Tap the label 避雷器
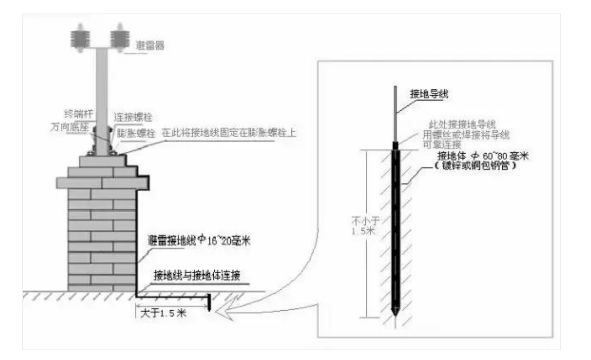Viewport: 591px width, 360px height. pos(150,45)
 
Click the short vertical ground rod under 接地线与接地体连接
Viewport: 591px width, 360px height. pos(208,302)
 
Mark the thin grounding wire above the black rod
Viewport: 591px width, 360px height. pos(395,114)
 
